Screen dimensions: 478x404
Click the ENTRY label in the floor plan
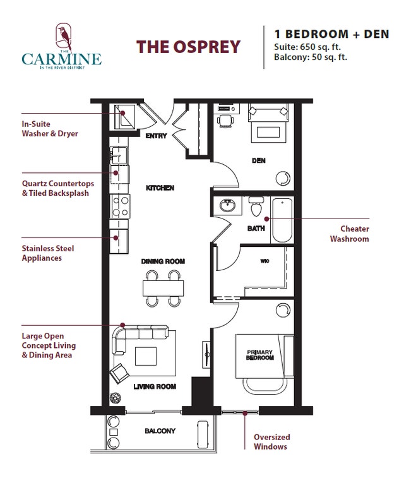155,136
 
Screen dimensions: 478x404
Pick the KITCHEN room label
160,188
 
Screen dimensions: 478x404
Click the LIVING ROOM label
155,386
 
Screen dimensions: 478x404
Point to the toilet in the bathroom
256,208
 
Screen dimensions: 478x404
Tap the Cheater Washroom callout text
354,234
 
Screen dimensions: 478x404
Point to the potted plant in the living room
116,398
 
